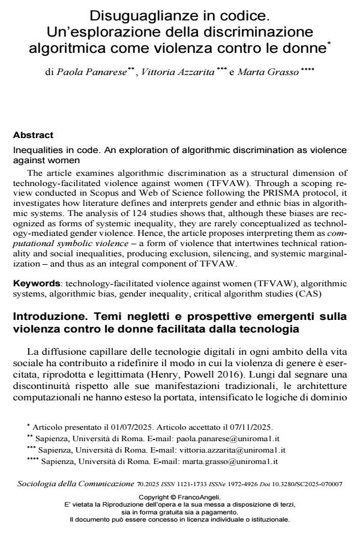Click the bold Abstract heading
tap(33, 135)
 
